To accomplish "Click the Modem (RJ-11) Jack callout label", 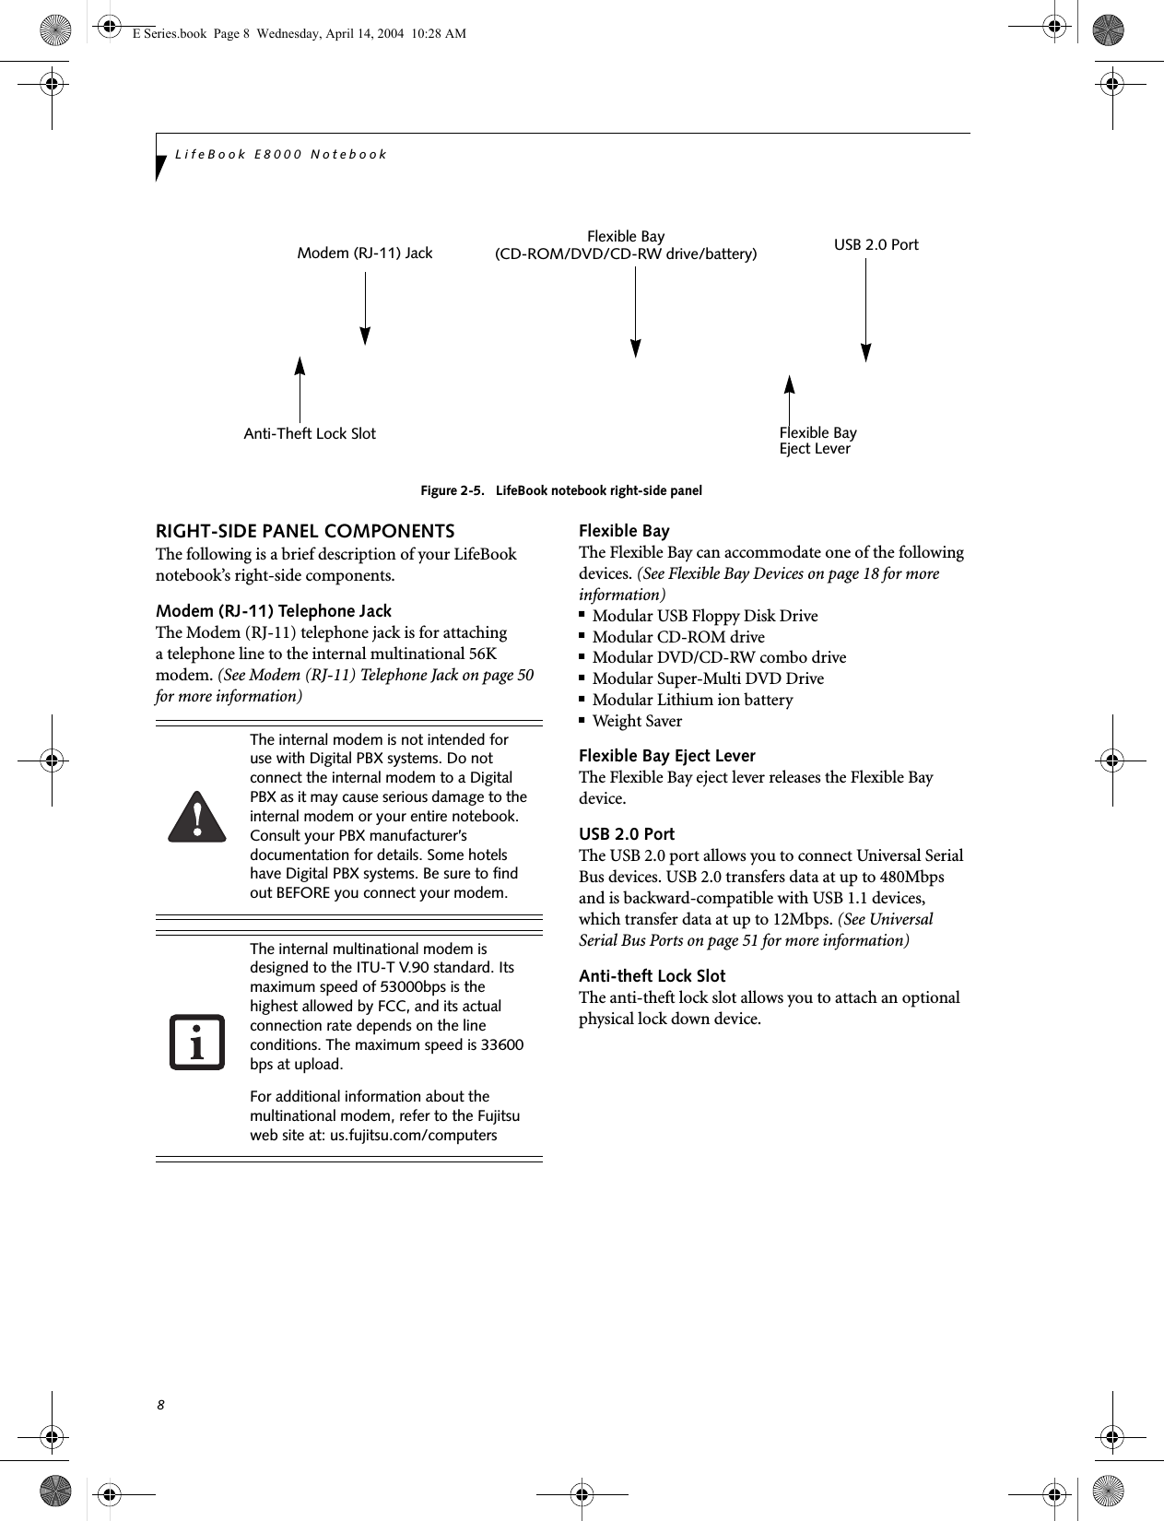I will [364, 253].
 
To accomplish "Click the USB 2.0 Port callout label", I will [876, 245].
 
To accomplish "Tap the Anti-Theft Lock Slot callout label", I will [309, 434].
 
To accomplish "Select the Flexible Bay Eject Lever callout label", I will [817, 441].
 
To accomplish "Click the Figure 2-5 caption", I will [560, 490].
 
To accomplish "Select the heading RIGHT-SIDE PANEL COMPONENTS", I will [305, 532].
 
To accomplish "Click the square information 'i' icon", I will [196, 1043].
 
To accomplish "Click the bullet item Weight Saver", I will [637, 721].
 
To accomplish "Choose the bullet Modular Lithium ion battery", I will [692, 700].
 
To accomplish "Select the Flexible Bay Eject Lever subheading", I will [666, 756].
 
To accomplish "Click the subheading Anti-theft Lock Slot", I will [652, 976].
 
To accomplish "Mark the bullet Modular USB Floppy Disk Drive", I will [704, 616].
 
